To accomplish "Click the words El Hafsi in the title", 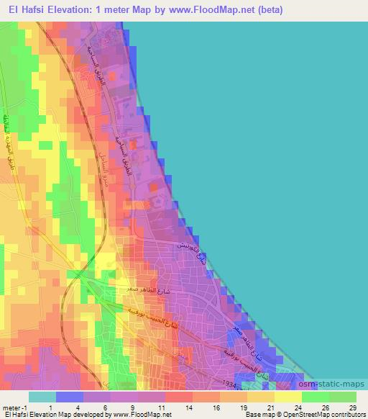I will [x=25, y=10].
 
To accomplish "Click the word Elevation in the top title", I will [x=73, y=10].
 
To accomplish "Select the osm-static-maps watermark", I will [x=339, y=384].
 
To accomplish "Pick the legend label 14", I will [x=188, y=407].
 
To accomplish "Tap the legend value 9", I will [x=134, y=407].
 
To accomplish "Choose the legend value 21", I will [x=270, y=407].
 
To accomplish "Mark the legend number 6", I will [x=106, y=407].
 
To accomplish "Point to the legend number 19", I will [x=243, y=407].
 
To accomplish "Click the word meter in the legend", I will [x=10, y=407].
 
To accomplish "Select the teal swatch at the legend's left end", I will [x=42, y=397].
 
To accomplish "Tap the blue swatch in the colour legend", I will [x=70, y=397].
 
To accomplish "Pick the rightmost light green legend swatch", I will [x=343, y=397].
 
